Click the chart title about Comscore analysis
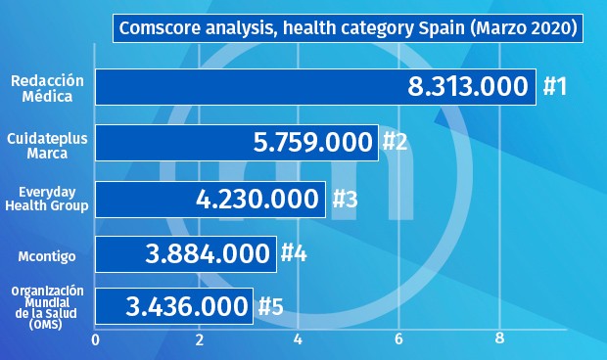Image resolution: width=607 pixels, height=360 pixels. coord(348,28)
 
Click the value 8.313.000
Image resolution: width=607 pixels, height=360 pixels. coord(468,87)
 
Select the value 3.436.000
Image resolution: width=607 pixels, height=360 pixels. coord(187,306)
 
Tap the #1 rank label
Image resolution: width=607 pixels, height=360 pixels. coord(555,87)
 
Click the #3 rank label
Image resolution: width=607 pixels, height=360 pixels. coord(345,199)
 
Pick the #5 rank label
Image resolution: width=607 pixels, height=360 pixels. coord(270,306)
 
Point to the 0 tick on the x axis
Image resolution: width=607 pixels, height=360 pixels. coord(95,339)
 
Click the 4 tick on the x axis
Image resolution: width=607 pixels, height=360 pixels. coord(298,339)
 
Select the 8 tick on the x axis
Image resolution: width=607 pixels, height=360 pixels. coord(500,339)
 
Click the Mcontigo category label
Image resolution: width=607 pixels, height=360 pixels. coord(48,255)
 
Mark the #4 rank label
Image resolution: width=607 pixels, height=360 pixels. coord(295,254)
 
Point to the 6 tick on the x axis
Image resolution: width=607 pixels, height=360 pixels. coord(399,339)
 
